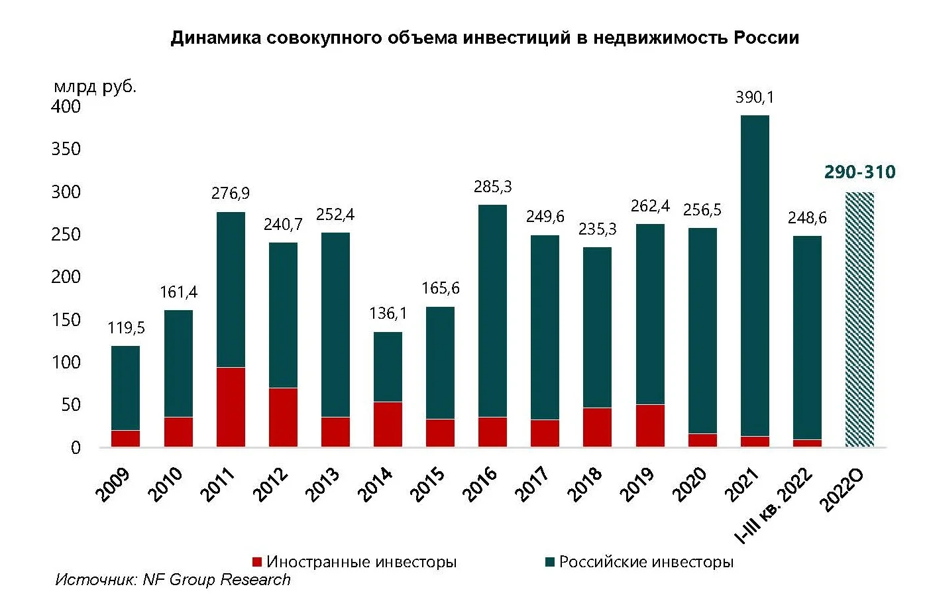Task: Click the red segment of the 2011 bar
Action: click(x=231, y=407)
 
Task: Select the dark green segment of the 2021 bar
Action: click(x=755, y=275)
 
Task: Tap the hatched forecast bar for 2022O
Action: click(x=859, y=319)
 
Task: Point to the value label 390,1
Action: click(x=755, y=97)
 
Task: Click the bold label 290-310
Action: click(x=859, y=172)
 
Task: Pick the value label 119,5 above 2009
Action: click(x=126, y=328)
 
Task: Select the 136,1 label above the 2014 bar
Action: click(x=388, y=313)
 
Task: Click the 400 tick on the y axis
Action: click(x=66, y=107)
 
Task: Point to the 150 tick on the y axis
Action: click(x=66, y=320)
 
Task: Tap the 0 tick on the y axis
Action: click(x=76, y=448)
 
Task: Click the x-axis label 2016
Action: click(x=480, y=484)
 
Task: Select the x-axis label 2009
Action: click(x=113, y=484)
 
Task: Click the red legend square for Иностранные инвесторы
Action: click(x=257, y=562)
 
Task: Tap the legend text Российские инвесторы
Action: click(x=646, y=562)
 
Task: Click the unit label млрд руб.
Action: click(x=95, y=86)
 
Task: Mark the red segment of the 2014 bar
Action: click(x=388, y=424)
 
